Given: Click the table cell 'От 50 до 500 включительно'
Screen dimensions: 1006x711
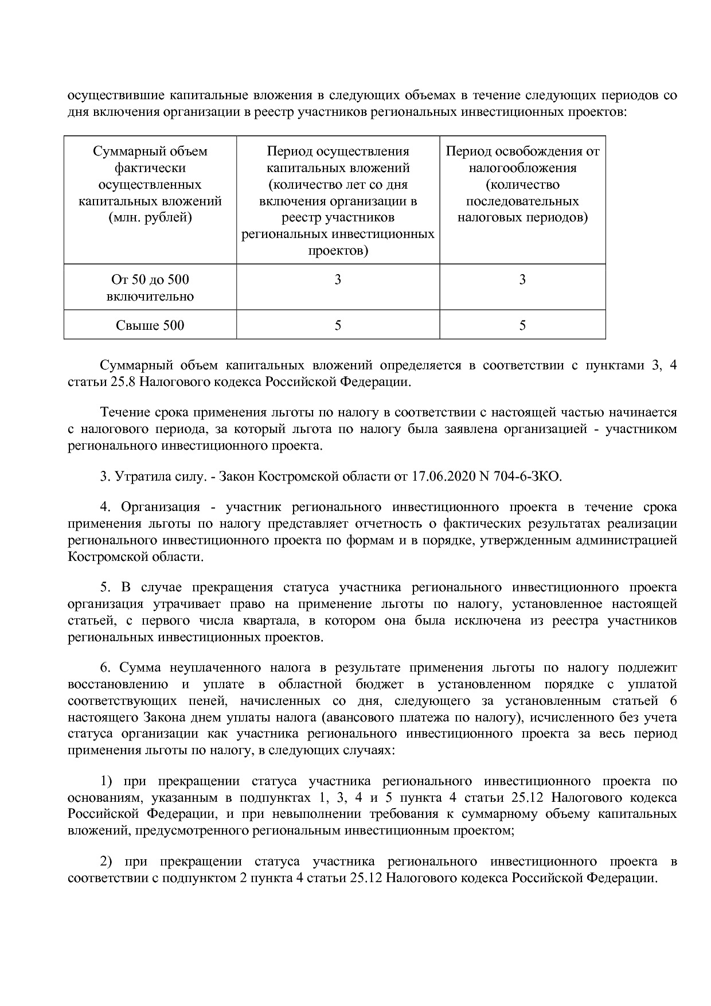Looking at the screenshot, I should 150,288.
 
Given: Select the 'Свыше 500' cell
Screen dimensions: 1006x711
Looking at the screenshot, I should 150,325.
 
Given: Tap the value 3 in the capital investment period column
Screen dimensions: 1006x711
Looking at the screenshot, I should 338,280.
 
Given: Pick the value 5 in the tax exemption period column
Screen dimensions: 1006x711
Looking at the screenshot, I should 522,325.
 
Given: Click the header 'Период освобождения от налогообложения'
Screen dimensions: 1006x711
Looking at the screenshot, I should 522,159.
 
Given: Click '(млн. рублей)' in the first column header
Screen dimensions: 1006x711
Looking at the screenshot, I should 150,218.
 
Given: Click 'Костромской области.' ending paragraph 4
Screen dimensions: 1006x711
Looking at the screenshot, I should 135,557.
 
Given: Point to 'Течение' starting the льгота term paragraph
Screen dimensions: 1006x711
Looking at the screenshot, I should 124,412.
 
